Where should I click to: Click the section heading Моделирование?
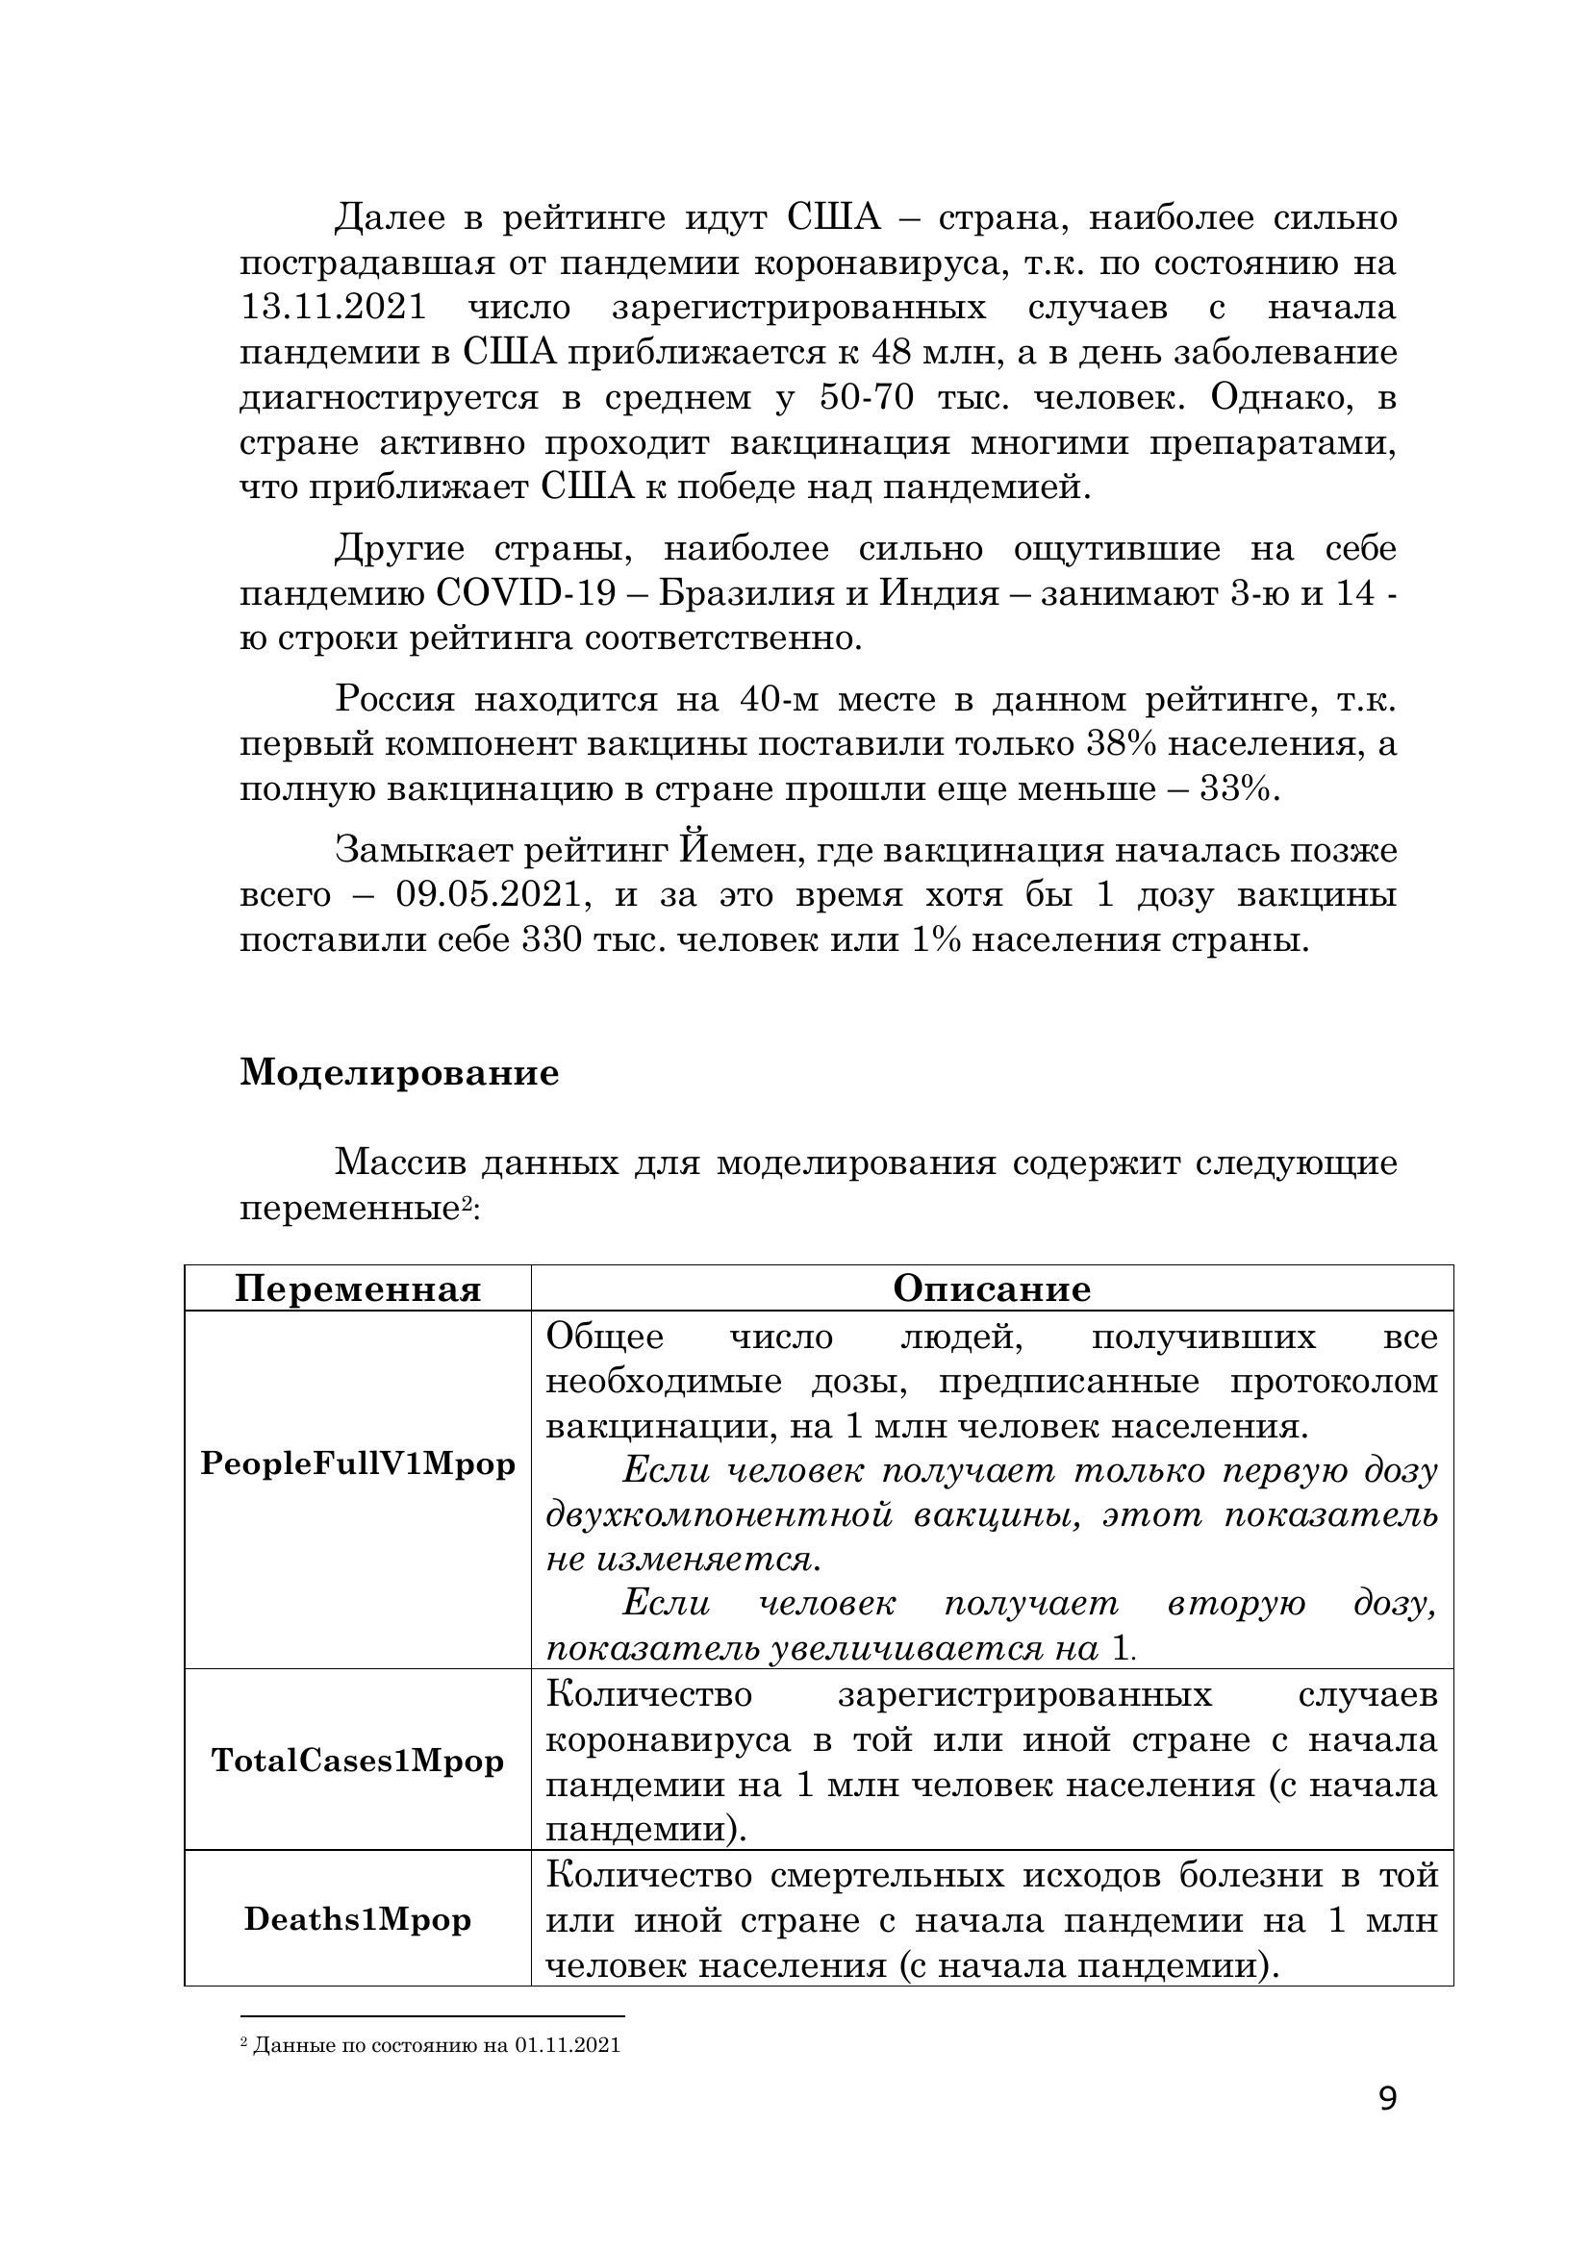(x=399, y=1073)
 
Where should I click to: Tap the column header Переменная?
(x=358, y=1289)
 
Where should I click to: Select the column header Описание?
(x=992, y=1289)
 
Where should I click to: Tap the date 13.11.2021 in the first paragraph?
(x=333, y=308)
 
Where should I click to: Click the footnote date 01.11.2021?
(x=567, y=2045)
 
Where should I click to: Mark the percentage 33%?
(x=1238, y=789)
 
